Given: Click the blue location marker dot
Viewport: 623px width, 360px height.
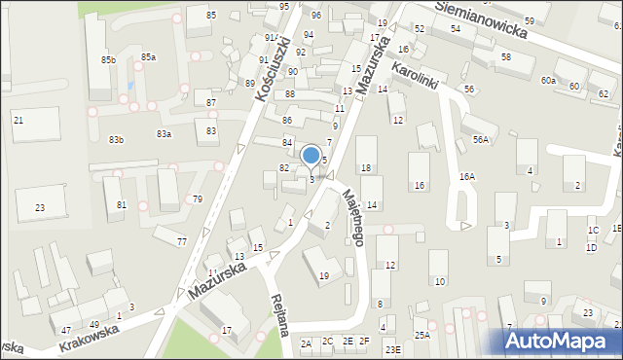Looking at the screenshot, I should click(x=311, y=155).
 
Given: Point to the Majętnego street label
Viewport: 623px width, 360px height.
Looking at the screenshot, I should click(x=352, y=216).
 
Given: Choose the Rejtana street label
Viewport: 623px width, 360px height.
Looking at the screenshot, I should click(x=280, y=314).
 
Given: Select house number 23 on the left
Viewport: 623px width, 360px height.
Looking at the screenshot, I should click(x=40, y=207).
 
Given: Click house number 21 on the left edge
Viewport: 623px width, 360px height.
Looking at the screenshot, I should click(x=18, y=120).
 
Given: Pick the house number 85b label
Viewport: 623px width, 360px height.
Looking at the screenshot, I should click(x=107, y=60).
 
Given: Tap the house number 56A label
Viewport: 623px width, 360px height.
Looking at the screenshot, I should click(x=481, y=140).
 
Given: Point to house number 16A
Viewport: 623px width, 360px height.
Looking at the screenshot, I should click(x=467, y=177).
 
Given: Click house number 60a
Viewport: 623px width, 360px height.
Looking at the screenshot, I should click(x=549, y=80).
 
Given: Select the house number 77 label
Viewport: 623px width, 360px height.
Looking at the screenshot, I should click(x=181, y=240).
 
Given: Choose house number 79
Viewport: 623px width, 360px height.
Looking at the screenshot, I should click(x=198, y=198).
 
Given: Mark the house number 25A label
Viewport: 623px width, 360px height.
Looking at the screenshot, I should click(x=421, y=335).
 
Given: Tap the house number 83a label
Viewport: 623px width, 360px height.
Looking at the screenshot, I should click(x=164, y=133).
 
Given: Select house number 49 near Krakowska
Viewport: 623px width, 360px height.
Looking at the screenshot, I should click(x=94, y=324).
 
